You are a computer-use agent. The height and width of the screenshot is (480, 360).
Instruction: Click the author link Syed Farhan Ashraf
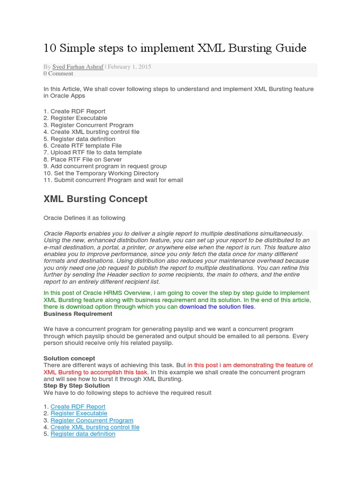point(78,67)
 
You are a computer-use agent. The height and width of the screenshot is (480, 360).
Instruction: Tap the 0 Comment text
point(58,74)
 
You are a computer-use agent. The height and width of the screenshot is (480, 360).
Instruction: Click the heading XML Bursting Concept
point(95,199)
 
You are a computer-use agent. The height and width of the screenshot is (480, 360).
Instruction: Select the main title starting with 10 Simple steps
point(175,48)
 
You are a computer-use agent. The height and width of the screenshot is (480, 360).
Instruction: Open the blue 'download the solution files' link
point(217,307)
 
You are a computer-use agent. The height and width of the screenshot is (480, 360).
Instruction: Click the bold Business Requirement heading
point(78,314)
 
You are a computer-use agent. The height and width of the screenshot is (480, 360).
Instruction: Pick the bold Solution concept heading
point(69,358)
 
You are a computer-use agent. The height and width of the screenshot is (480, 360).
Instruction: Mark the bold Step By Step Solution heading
point(76,385)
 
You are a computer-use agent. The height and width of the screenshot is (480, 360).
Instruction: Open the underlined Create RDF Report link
point(78,406)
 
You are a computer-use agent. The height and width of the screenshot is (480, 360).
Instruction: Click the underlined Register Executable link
point(79,413)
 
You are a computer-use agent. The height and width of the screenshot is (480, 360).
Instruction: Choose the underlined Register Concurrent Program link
point(92,420)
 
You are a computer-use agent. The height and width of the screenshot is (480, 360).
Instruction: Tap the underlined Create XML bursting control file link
point(95,427)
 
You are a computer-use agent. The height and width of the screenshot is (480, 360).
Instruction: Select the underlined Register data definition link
point(82,434)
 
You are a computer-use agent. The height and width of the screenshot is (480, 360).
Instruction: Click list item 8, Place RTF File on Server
point(82,159)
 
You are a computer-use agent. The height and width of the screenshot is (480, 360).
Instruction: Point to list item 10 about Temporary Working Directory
point(101,173)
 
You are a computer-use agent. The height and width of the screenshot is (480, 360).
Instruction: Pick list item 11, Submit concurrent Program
point(113,180)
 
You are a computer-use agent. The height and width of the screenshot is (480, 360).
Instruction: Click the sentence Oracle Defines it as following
point(84,218)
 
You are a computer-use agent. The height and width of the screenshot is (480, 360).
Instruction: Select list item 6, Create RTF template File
point(82,146)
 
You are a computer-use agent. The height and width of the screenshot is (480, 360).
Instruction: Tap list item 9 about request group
point(105,166)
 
